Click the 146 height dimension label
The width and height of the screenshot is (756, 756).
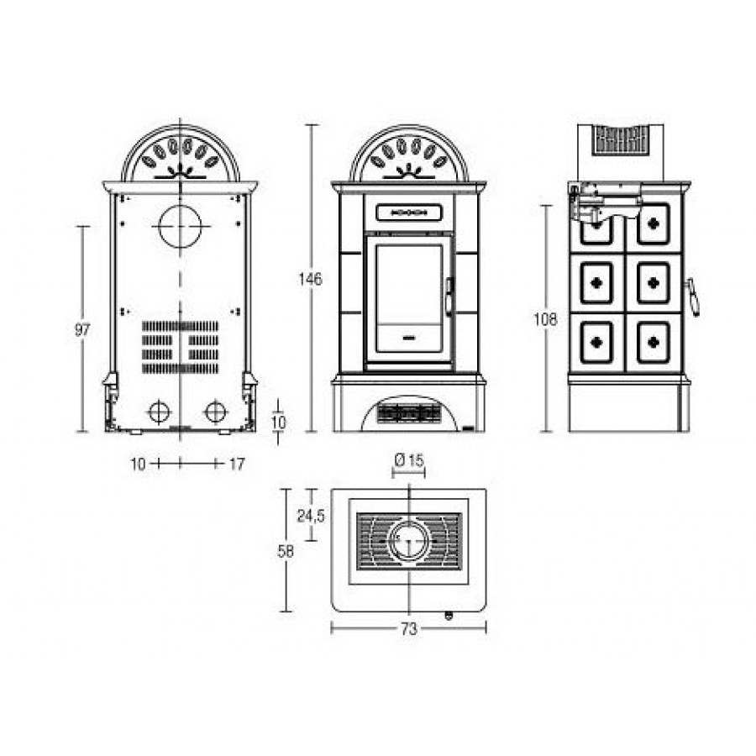coord(310,279)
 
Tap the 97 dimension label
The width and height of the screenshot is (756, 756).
coord(82,330)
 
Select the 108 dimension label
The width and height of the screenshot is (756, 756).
coord(545,319)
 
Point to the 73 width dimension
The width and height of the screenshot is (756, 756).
coord(408,629)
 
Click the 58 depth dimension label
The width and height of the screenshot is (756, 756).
coord(286,551)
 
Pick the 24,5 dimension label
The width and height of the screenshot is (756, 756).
coord(311,517)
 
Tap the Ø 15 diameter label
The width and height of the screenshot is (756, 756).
coord(409,460)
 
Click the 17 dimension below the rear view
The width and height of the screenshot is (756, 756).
coord(237,465)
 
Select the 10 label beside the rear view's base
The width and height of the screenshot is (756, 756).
coord(279,423)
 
